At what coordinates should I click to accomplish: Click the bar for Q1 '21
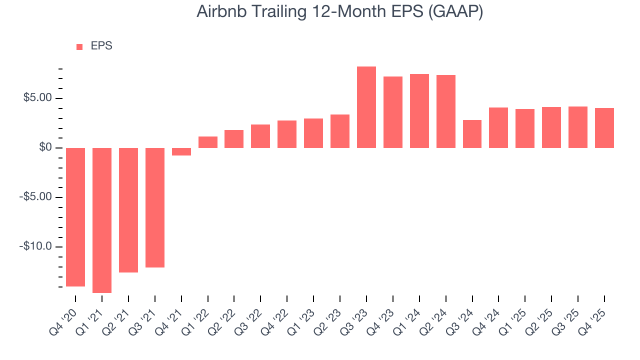(102, 220)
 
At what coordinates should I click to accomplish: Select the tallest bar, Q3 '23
(366, 107)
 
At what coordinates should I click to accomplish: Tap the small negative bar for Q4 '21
(181, 151)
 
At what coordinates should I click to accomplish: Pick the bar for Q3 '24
(472, 134)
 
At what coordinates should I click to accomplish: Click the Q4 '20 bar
(75, 217)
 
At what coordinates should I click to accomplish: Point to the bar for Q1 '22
(208, 142)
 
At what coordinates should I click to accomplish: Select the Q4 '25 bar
(604, 128)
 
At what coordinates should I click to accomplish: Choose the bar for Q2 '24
(446, 111)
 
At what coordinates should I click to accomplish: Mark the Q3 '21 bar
(155, 207)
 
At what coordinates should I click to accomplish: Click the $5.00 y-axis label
(37, 98)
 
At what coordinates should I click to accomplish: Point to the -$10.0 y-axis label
(36, 247)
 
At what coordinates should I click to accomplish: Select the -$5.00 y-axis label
(36, 197)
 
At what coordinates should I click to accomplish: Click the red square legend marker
(79, 47)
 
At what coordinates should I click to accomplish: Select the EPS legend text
(101, 46)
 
